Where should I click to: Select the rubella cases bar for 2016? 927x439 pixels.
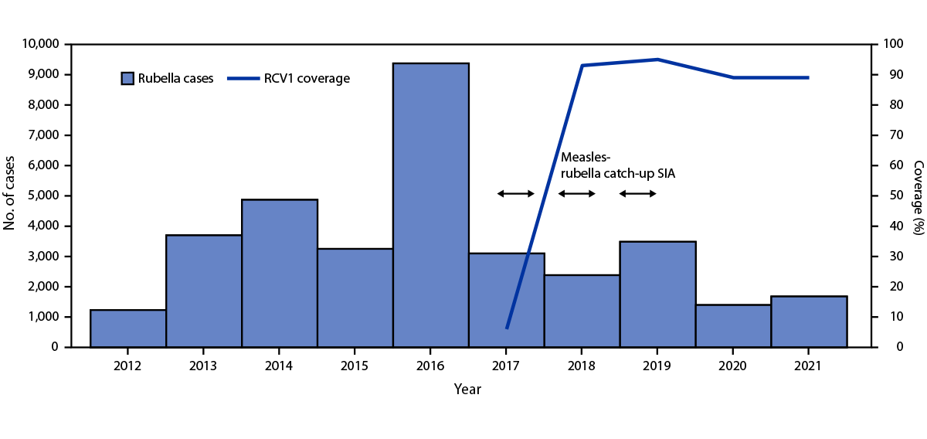tap(430, 205)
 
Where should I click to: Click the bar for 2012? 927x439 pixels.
tap(128, 328)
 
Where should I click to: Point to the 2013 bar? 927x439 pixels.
tap(204, 291)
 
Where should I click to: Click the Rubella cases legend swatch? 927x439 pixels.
tap(127, 78)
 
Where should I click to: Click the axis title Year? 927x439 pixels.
tap(468, 389)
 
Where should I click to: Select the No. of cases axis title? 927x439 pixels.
tap(12, 196)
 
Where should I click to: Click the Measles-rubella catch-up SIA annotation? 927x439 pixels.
tap(617, 165)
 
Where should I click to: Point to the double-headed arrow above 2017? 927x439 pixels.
tap(515, 193)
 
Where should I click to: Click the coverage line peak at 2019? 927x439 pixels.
tap(657, 60)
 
